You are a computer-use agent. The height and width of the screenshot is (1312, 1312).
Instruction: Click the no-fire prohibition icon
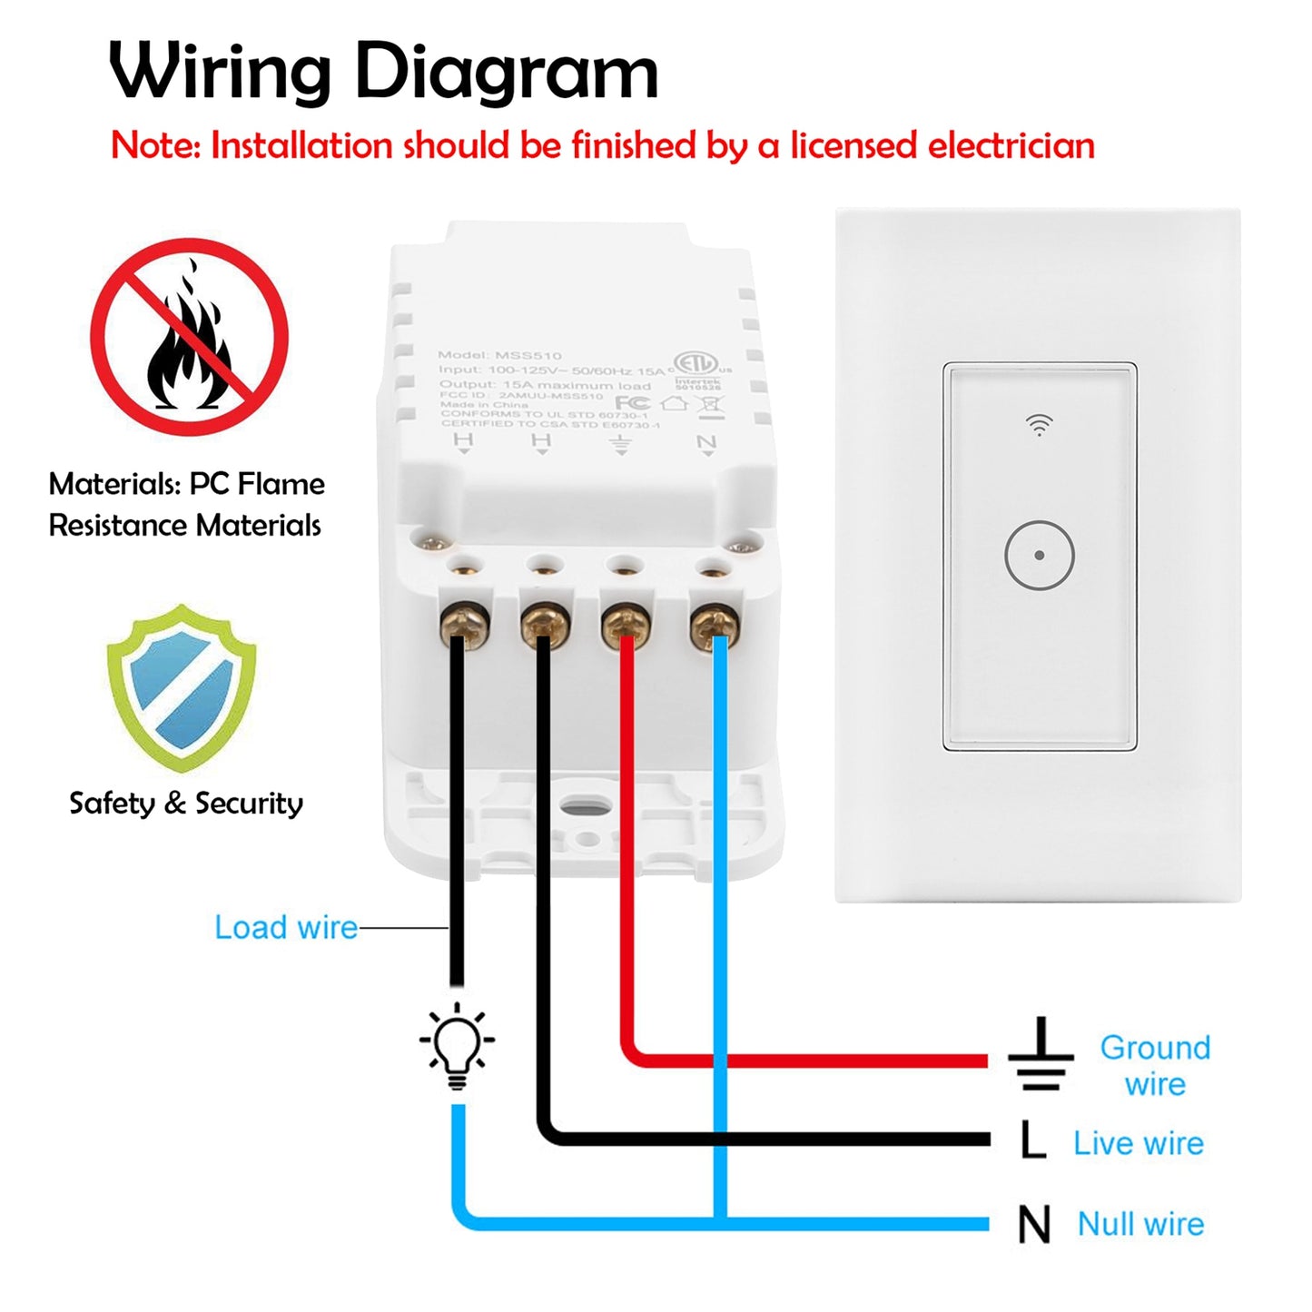pyautogui.click(x=189, y=337)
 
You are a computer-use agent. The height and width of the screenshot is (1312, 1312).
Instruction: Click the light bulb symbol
pyautogui.click(x=457, y=1044)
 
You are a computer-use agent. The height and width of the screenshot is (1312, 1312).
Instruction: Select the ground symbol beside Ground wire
pyautogui.click(x=1041, y=1056)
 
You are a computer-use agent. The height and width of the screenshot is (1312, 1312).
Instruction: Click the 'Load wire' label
pyautogui.click(x=286, y=927)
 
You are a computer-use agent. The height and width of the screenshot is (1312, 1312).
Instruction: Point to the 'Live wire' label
pyautogui.click(x=1139, y=1143)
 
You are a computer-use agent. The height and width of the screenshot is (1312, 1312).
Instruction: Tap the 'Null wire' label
pyautogui.click(x=1140, y=1224)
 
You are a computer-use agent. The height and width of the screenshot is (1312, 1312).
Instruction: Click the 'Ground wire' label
pyautogui.click(x=1155, y=1065)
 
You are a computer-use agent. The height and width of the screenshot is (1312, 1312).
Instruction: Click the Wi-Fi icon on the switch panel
pyautogui.click(x=1039, y=424)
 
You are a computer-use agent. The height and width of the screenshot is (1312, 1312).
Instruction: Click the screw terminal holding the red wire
pyautogui.click(x=626, y=626)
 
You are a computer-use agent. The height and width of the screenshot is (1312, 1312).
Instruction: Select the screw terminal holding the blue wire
pyautogui.click(x=714, y=626)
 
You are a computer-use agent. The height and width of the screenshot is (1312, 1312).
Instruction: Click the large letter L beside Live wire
pyautogui.click(x=1032, y=1140)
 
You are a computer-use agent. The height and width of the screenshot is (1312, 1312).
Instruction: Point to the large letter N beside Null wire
pyautogui.click(x=1034, y=1225)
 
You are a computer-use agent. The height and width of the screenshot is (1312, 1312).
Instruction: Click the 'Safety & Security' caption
pyautogui.click(x=186, y=804)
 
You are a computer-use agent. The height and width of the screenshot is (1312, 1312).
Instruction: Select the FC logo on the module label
pyautogui.click(x=632, y=402)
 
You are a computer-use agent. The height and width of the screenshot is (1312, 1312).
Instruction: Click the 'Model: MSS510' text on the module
pyautogui.click(x=499, y=355)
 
